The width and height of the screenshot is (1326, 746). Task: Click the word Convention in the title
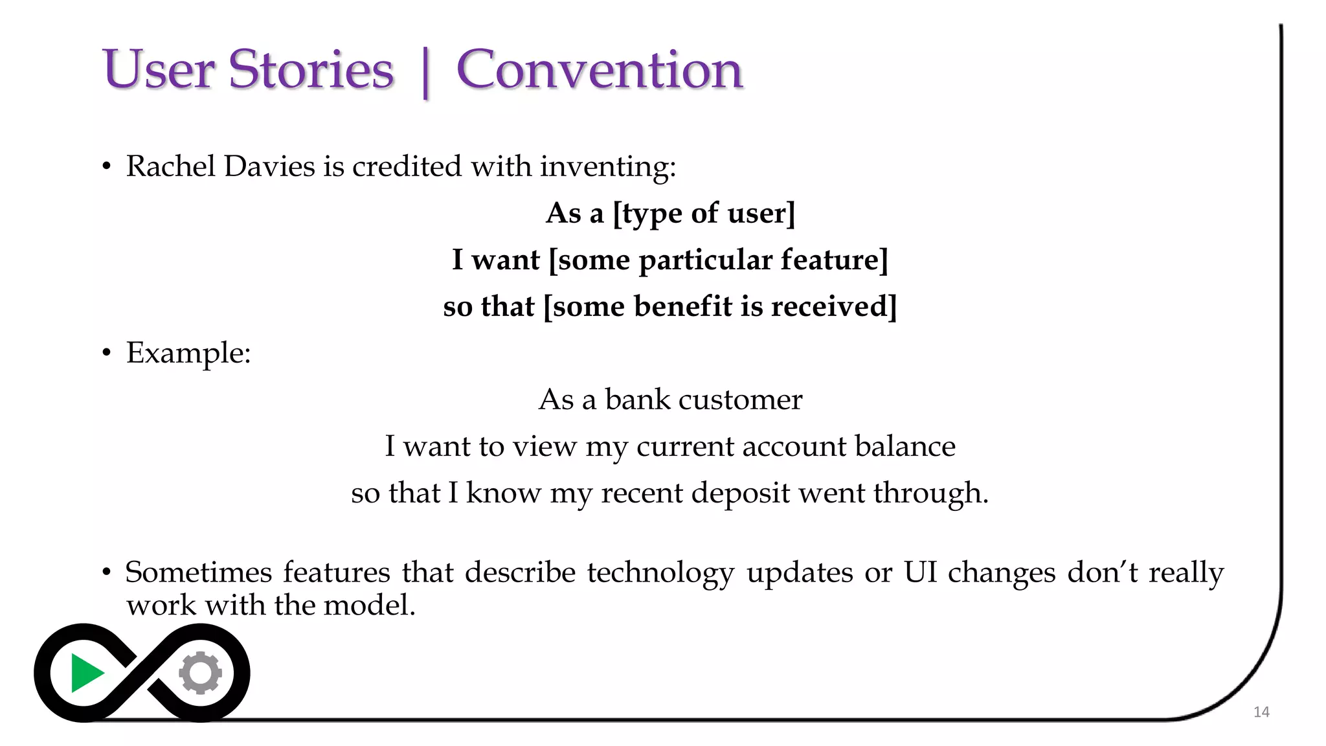[599, 70]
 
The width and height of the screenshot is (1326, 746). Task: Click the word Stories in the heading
[311, 70]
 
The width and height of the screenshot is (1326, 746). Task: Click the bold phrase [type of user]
[704, 214]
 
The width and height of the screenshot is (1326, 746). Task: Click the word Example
[187, 354]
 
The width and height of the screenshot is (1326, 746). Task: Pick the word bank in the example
[637, 400]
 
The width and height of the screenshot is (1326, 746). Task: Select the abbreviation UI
[920, 572]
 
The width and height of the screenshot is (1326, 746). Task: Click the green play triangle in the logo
[85, 673]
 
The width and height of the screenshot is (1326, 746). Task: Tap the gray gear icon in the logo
[201, 673]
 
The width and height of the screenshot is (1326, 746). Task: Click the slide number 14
[1261, 712]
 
